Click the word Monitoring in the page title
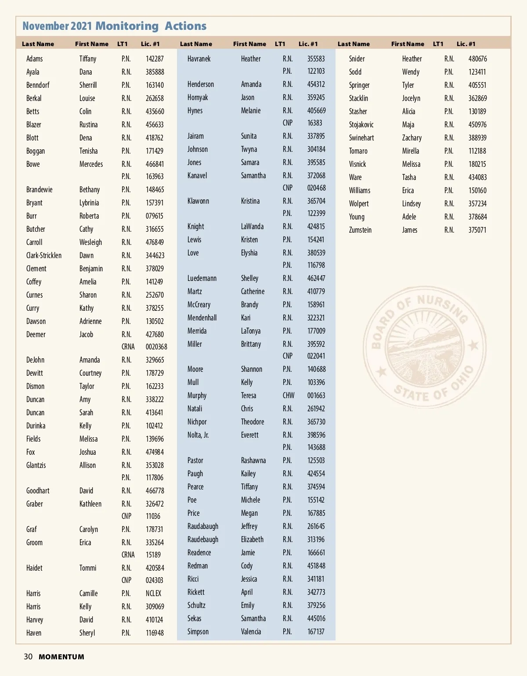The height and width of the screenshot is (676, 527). [127, 26]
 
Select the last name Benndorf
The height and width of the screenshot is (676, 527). [38, 85]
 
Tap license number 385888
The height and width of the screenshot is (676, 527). [155, 72]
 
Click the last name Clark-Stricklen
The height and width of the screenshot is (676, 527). [44, 255]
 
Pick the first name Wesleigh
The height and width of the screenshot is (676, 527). [90, 242]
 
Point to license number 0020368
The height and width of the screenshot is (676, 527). [156, 347]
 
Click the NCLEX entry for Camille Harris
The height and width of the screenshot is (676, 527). [154, 593]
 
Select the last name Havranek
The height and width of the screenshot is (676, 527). [199, 59]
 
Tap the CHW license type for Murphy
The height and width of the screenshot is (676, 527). [289, 396]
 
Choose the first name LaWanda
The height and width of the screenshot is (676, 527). [252, 227]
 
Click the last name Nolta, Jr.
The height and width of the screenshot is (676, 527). [198, 435]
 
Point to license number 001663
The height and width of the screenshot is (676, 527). [316, 396]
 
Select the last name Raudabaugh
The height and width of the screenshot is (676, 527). [203, 526]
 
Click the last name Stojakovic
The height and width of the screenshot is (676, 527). [361, 125]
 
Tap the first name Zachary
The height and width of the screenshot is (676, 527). [411, 138]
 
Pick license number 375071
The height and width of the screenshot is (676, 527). [477, 230]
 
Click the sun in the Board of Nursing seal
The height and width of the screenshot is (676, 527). [424, 334]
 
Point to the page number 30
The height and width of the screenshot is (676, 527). [28, 657]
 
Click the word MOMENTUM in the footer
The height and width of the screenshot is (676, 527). [61, 657]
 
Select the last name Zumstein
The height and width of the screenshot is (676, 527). [360, 230]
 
